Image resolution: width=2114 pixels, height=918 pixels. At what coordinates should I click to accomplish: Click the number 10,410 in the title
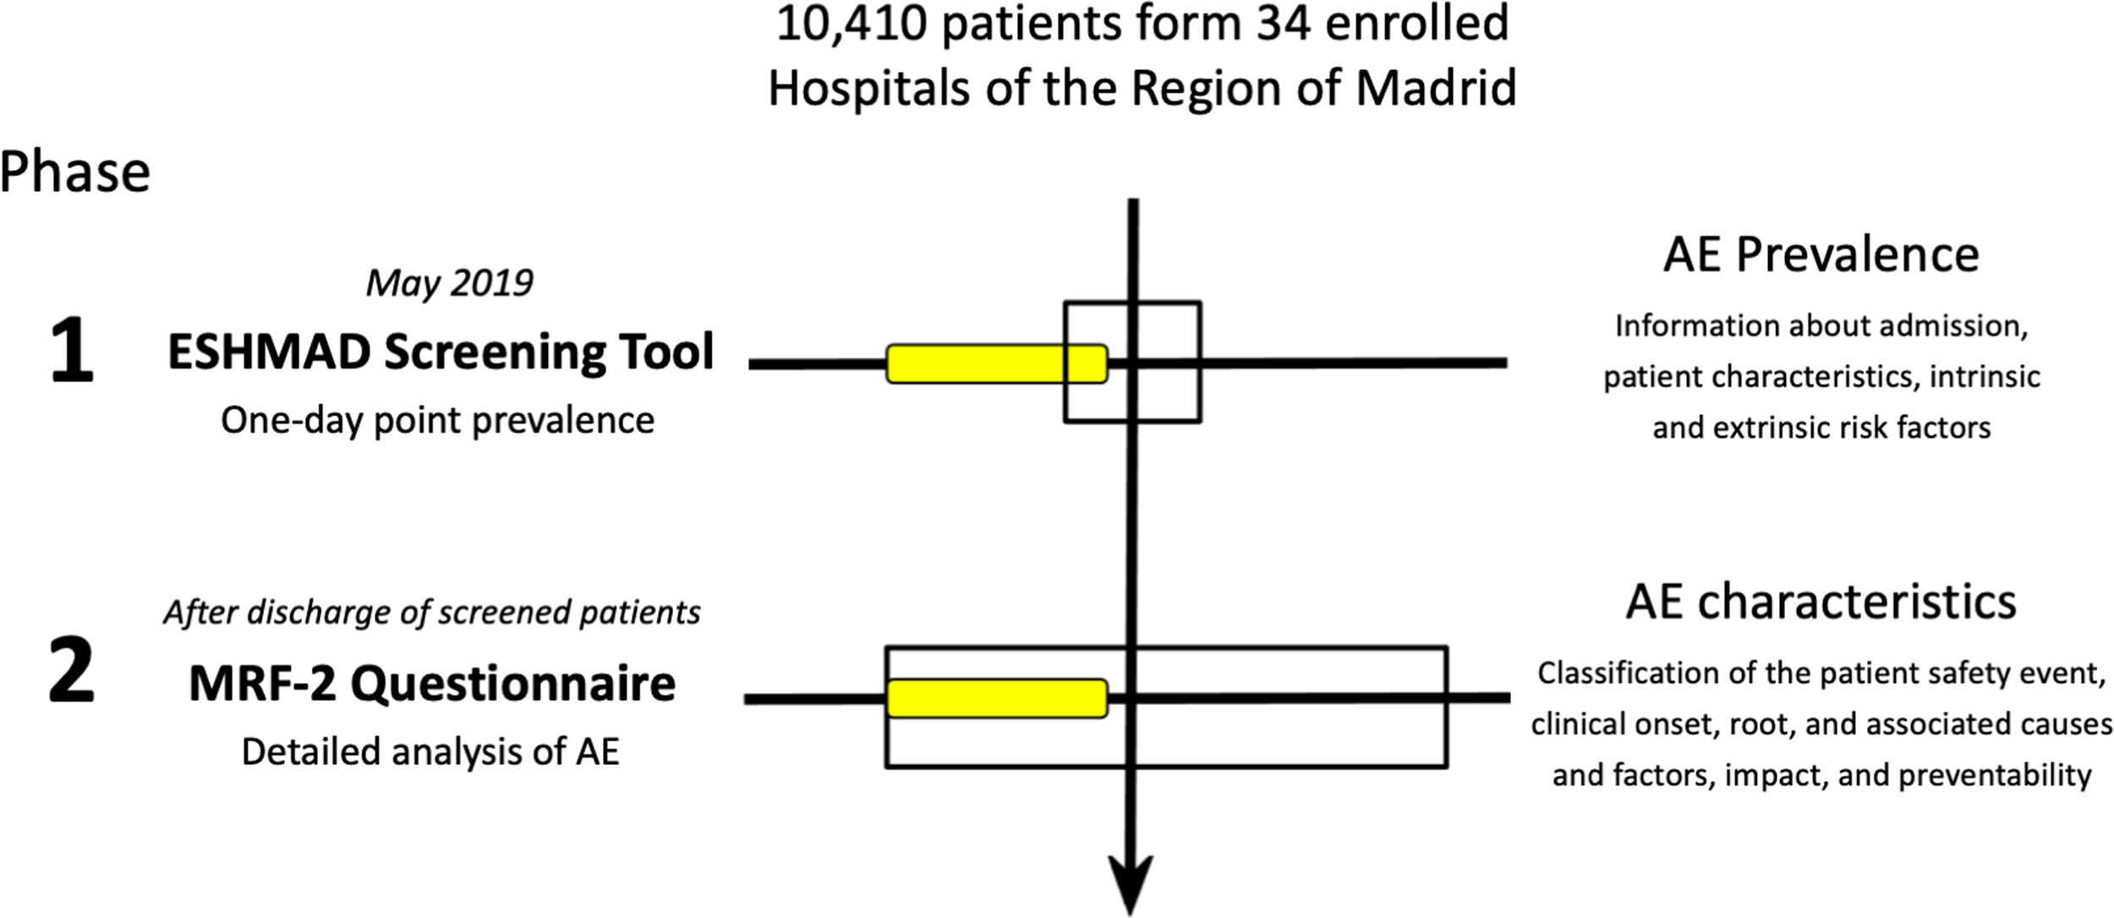click(852, 24)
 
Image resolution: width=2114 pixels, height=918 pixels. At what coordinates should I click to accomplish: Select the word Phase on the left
click(74, 172)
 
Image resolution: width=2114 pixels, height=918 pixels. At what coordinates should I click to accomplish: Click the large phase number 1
click(71, 352)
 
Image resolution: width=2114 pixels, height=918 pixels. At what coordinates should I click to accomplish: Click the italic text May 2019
click(449, 283)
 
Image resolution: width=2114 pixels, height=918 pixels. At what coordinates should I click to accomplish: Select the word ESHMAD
click(269, 352)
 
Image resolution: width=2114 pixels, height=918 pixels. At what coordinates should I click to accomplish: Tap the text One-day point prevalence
click(437, 421)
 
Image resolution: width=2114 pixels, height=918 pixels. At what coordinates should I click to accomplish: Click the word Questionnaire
click(513, 684)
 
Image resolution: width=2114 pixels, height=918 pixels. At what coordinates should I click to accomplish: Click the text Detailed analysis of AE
click(430, 751)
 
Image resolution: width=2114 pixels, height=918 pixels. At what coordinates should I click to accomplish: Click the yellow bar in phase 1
click(996, 364)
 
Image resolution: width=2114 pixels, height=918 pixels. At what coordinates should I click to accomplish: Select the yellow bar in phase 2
click(996, 698)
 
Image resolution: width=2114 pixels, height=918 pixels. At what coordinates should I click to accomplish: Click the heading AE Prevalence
click(1821, 254)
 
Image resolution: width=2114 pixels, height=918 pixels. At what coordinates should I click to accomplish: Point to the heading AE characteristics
click(1821, 602)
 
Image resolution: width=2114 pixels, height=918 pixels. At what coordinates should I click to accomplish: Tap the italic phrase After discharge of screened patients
click(432, 613)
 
